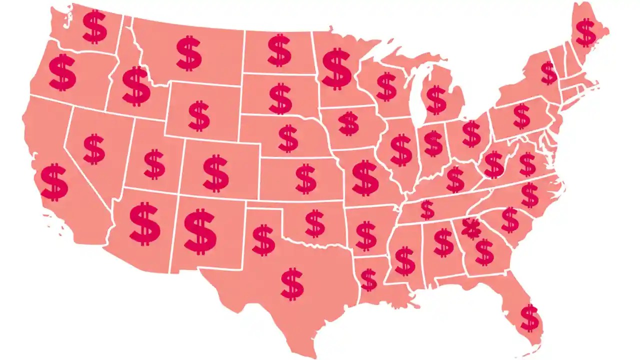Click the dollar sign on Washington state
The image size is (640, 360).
pos(94,26)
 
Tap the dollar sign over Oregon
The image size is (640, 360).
pos(62,72)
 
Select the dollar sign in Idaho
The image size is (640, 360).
pos(136,86)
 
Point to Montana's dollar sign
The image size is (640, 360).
pos(189,52)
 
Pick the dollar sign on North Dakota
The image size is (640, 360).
pos(279,50)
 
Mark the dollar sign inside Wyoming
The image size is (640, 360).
pos(199,116)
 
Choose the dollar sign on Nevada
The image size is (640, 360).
pos(94,149)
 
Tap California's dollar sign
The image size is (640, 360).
pos(54,182)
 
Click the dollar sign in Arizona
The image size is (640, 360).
pos(145,223)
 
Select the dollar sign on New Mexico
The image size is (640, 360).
pos(200,231)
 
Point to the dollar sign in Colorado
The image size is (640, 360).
pos(216,172)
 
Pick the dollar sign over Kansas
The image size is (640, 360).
pos(305,178)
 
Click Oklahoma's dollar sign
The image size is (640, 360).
pos(314,223)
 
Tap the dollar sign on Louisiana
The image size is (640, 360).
pos(368,280)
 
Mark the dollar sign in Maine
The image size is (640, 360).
pos(586,32)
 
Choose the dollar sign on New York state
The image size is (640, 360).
pos(548,73)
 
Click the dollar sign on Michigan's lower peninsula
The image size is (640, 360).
pos(436,99)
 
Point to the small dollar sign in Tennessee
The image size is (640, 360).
pos(427,210)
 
